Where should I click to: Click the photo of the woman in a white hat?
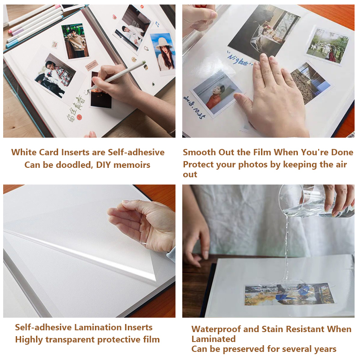162,51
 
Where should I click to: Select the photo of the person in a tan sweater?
75,41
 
